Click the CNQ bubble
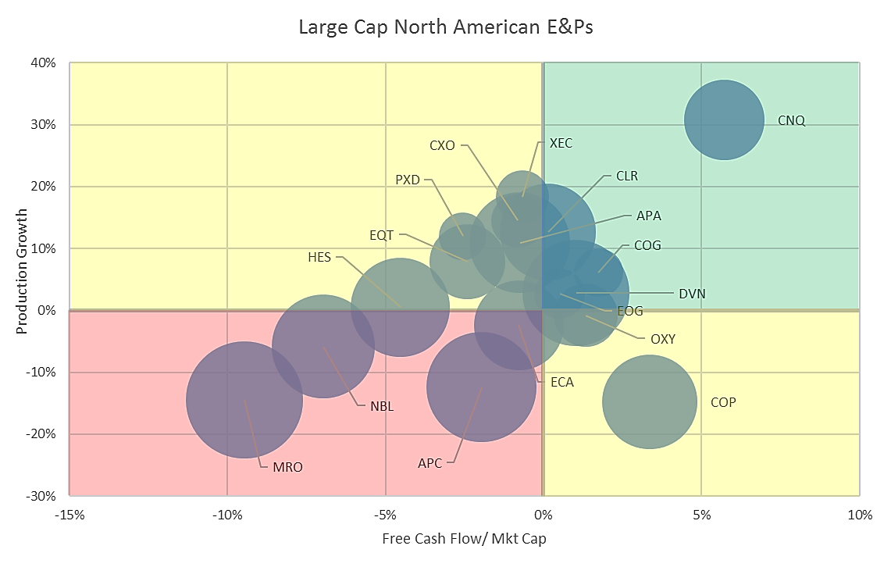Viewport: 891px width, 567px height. pyautogui.click(x=724, y=119)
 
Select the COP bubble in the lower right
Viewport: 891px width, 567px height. pyautogui.click(x=650, y=402)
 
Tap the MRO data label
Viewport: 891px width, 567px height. pyautogui.click(x=287, y=468)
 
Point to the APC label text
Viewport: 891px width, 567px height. pyautogui.click(x=429, y=463)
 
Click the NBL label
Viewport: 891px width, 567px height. pyautogui.click(x=382, y=406)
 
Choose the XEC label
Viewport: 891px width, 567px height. pyautogui.click(x=561, y=143)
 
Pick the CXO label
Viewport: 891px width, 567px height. pyautogui.click(x=442, y=145)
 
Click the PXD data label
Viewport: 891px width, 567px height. pyautogui.click(x=408, y=180)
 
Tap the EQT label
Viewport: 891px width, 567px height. pyautogui.click(x=382, y=234)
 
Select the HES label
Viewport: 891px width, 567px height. pyautogui.click(x=319, y=256)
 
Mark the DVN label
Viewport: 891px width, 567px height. pyautogui.click(x=692, y=294)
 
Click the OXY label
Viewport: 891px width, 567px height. pyautogui.click(x=662, y=339)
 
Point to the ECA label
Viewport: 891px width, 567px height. pyautogui.click(x=561, y=382)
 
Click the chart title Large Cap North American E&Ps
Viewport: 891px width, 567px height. pyautogui.click(x=446, y=27)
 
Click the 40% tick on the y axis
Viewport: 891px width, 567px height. pyautogui.click(x=45, y=62)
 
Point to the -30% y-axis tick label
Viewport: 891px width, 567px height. pyautogui.click(x=43, y=496)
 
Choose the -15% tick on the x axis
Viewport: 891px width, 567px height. pyautogui.click(x=69, y=515)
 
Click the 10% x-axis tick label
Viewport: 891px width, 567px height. pyautogui.click(x=859, y=515)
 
